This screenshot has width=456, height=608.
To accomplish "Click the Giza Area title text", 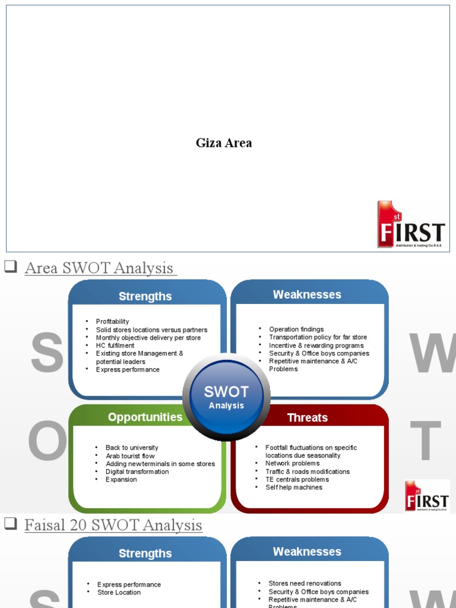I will point(224,143).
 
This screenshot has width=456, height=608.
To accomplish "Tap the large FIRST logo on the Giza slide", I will point(411,224).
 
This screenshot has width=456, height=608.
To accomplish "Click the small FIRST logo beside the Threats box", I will point(427,496).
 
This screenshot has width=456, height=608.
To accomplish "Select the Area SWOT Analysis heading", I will point(100,268).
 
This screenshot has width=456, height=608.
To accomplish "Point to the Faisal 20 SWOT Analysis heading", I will point(113,525).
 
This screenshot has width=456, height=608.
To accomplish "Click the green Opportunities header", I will point(145,417).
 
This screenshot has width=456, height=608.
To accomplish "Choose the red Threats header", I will point(307,418).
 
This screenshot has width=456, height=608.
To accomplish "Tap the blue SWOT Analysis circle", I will point(226,397).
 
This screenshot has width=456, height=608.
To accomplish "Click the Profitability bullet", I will point(112,322).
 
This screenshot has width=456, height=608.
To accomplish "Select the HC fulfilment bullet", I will point(115,346).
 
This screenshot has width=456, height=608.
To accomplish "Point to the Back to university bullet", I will point(132,448).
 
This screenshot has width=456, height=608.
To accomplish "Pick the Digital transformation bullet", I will point(137,472).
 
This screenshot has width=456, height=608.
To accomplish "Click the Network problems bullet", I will point(292,464).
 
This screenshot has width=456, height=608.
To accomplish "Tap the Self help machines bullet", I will point(294,487).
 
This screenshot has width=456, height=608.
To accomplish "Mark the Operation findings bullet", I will point(296,330).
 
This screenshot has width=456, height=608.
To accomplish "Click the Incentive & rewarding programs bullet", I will point(316,346).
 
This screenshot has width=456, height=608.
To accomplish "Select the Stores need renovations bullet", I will point(305,584).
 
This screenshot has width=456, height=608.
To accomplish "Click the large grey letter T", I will point(426,442).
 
